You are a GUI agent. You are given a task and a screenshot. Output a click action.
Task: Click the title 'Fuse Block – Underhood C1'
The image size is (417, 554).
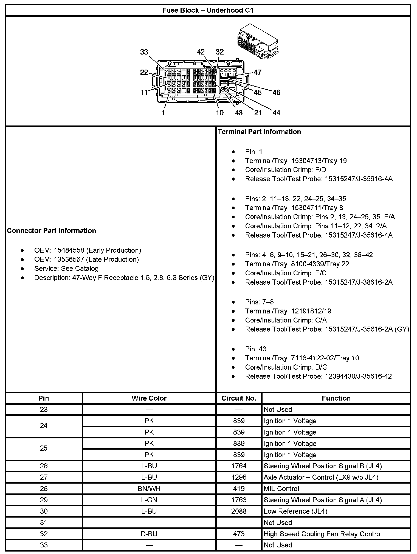pos(208,10)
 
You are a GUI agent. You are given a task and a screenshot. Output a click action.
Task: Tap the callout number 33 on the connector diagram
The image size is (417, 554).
pos(144,52)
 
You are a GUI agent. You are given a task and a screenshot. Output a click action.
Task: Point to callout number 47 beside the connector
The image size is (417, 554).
pos(258,72)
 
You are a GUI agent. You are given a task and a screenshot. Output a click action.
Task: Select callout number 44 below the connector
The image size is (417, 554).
pos(276,113)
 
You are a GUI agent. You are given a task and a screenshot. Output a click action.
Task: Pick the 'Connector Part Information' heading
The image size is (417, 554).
pos(52,230)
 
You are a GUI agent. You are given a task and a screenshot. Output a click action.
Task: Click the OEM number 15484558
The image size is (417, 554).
pos(69,250)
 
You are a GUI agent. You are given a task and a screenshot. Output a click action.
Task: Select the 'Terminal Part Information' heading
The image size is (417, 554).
pos(259,132)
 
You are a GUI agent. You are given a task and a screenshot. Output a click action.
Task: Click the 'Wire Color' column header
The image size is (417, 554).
pos(149,398)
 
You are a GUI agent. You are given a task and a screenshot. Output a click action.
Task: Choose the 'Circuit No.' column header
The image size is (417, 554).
pos(239,398)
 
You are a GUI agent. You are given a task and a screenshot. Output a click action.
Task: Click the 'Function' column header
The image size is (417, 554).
pos(336,398)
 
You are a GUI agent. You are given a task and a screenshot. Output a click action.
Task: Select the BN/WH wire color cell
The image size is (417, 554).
pos(149,489)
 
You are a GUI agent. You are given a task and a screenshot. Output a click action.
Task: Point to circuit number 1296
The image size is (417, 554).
pos(239,477)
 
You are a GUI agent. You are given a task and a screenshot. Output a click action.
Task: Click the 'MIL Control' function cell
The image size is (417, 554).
pos(281,489)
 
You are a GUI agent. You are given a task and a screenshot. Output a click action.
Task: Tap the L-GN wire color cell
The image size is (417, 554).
pos(149,500)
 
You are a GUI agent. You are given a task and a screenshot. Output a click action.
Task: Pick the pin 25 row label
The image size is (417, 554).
pos(44,449)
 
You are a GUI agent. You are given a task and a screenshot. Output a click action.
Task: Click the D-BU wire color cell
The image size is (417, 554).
pos(149,534)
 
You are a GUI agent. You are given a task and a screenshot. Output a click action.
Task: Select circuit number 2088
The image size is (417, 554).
pos(239,511)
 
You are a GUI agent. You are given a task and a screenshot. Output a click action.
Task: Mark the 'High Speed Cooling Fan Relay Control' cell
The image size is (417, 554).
pos(322,534)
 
